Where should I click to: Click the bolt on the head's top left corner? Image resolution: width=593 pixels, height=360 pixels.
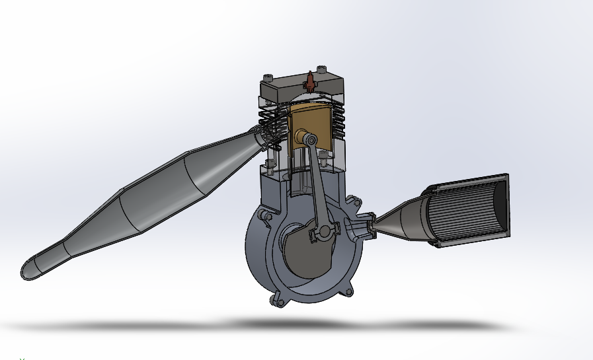click(267, 77)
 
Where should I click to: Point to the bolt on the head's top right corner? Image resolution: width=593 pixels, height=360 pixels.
click(322, 69)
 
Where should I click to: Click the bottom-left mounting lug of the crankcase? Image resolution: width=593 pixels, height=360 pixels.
click(276, 300)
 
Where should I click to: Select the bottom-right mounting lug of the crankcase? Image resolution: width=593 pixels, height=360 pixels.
click(348, 290)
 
